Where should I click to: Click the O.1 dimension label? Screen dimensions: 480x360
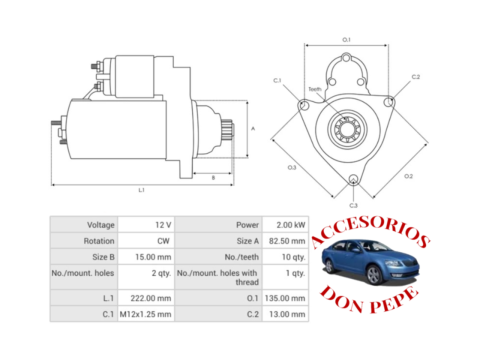tap(346, 40)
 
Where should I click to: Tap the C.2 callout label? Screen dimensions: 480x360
tap(416, 77)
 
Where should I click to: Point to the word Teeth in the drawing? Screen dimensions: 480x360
tap(315, 89)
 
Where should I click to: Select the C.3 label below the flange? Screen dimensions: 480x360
tap(353, 205)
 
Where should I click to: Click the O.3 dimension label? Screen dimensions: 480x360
tap(292, 167)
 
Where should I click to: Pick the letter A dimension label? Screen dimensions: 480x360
tap(253, 129)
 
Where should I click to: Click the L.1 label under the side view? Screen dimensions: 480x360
tap(141, 190)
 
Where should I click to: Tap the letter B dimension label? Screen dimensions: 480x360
tap(213, 178)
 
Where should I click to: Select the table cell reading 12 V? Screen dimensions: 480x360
tap(163, 225)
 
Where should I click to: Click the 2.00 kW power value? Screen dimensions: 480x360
tap(291, 225)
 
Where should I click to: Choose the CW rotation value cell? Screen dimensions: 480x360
tap(163, 241)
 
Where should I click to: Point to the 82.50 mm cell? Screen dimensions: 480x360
tap(287, 241)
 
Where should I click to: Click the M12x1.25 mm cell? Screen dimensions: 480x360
tap(145, 314)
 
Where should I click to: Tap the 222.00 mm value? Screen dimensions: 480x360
tap(151, 298)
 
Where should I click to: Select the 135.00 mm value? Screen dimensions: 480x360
tap(285, 298)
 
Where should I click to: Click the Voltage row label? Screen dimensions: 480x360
tap(101, 225)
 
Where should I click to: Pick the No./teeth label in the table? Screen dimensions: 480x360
tap(241, 257)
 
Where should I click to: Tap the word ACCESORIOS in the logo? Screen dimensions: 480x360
tap(370, 232)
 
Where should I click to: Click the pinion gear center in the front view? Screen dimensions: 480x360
tap(347, 130)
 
